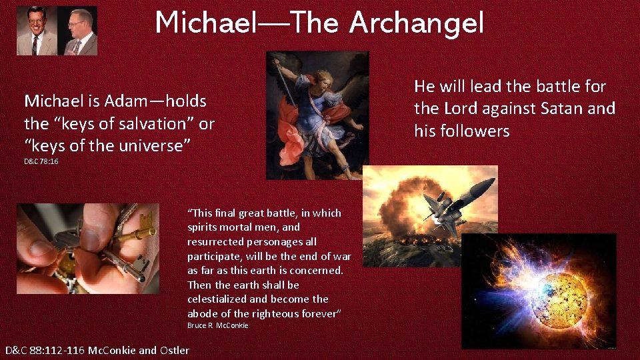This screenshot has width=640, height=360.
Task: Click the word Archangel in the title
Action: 417,23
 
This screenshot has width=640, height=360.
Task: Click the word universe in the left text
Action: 153,145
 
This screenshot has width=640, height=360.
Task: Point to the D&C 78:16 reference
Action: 41,161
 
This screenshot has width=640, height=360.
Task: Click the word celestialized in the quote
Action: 219,299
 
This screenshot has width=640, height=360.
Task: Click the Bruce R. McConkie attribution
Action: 217,325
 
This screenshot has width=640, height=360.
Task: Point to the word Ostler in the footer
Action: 174,351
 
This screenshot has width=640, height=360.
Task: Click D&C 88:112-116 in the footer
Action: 45,351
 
